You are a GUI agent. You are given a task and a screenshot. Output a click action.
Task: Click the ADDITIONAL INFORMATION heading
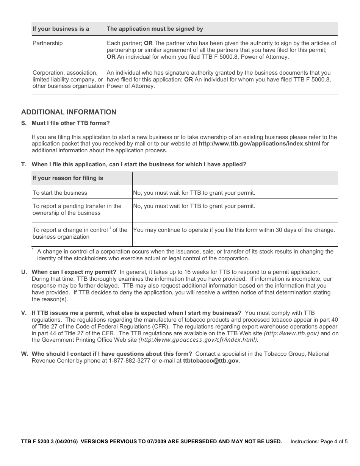click(x=69, y=112)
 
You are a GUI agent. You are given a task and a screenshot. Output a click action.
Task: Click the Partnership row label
click(x=48, y=43)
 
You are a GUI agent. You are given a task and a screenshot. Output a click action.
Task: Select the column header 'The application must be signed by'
click(x=155, y=29)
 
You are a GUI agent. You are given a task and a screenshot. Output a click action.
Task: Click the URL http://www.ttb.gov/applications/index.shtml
click(x=259, y=144)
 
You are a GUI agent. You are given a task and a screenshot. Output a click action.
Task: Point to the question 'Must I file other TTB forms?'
click(x=70, y=123)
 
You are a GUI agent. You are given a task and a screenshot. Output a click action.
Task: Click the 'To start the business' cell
click(x=60, y=193)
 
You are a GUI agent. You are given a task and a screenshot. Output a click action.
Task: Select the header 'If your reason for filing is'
click(x=68, y=178)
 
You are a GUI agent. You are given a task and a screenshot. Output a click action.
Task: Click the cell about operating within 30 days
click(x=234, y=230)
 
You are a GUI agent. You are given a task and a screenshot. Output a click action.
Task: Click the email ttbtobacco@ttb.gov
click(x=211, y=361)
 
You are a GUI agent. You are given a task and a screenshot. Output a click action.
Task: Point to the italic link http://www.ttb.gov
click(x=291, y=333)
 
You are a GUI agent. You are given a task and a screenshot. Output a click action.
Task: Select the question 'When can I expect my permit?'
click(x=74, y=272)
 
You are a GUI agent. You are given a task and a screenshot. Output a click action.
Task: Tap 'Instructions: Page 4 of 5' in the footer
click(x=319, y=441)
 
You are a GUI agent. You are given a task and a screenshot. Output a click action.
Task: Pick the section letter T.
click(x=24, y=164)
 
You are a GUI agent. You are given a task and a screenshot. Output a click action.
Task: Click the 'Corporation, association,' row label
click(x=65, y=73)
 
